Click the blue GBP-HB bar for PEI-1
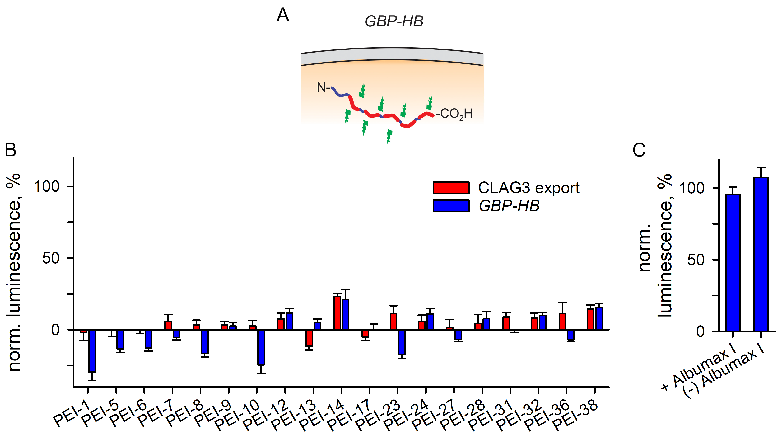[92, 351]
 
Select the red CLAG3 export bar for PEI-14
[337, 313]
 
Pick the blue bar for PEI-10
[261, 347]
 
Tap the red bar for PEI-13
[309, 338]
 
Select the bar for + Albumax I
[733, 263]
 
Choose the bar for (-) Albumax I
[761, 255]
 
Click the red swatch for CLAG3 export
[451, 188]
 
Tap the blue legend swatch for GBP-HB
[451, 206]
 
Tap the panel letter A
[283, 15]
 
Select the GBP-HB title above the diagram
[394, 21]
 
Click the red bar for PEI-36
[562, 322]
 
